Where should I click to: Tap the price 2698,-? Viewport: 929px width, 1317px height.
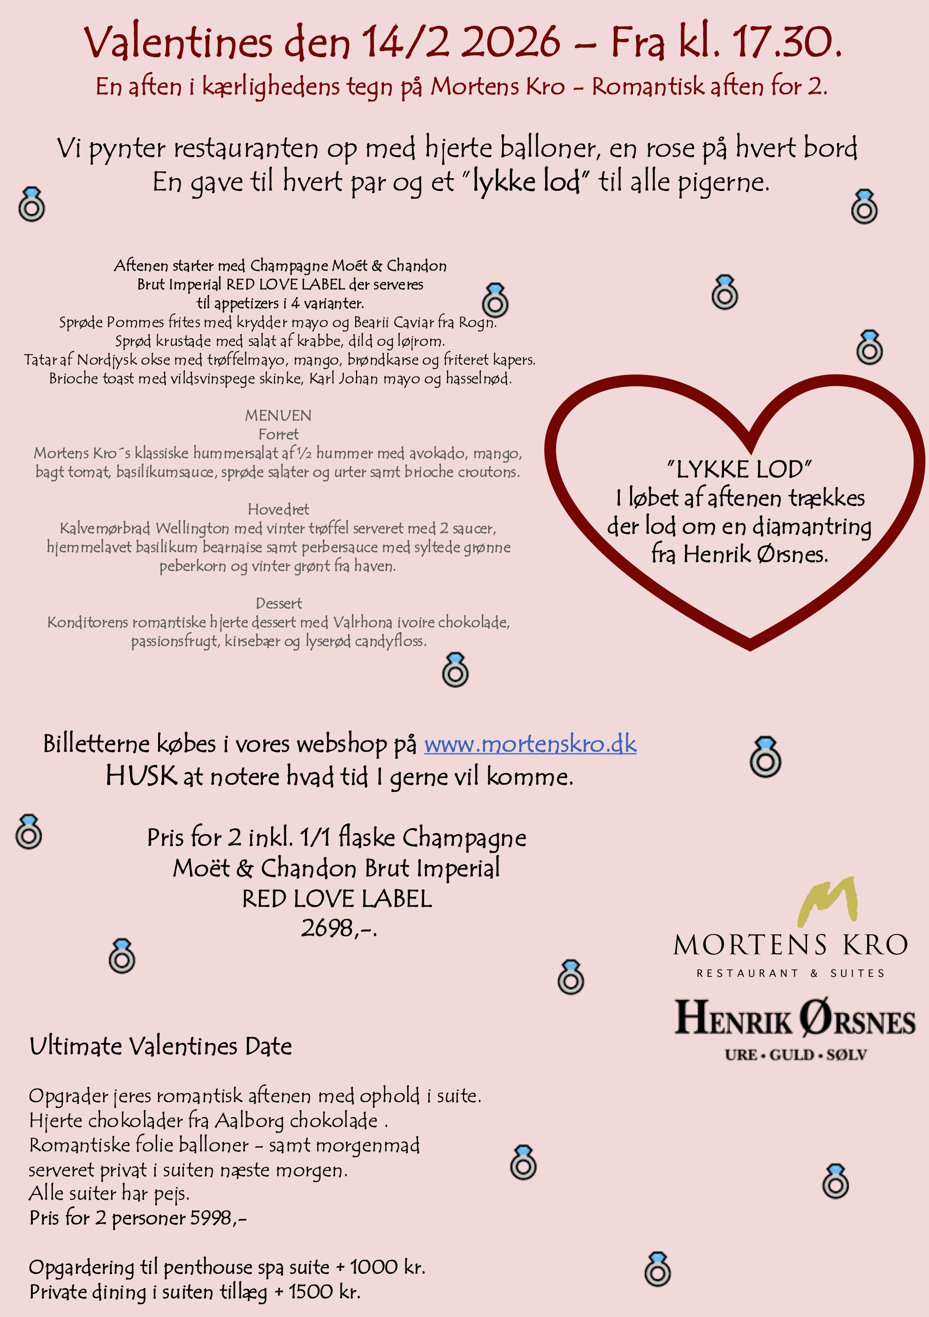(x=338, y=928)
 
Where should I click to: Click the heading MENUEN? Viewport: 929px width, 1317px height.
(x=278, y=415)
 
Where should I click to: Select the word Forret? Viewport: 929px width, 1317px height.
(x=278, y=434)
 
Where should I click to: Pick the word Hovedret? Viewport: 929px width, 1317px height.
(x=278, y=510)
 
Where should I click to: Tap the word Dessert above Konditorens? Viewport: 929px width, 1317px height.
(x=279, y=603)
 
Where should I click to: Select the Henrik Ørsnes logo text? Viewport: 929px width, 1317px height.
(x=794, y=1019)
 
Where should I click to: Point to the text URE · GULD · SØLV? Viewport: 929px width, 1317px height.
(x=795, y=1055)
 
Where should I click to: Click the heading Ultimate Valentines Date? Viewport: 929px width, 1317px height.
(x=160, y=1046)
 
